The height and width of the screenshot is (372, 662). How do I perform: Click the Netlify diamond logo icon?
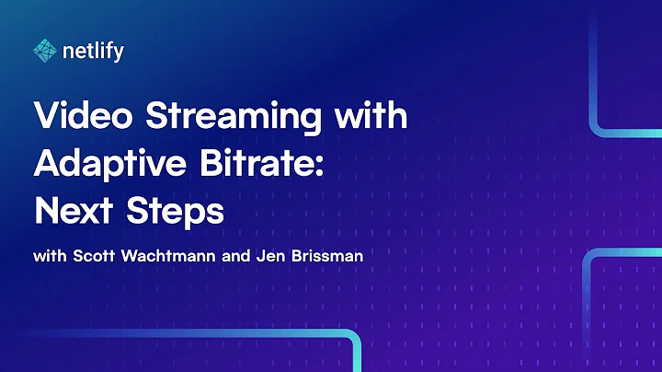44,50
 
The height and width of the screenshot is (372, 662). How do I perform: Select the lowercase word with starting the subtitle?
49,255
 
